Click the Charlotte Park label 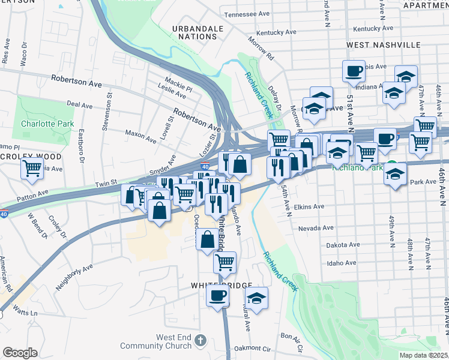[47, 124]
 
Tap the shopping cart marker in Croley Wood [32, 167]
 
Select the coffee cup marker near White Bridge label [217, 295]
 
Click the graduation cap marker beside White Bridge [256, 298]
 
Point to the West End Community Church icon [200, 341]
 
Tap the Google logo [19, 353]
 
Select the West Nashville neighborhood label [383, 45]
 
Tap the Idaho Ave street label [342, 263]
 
